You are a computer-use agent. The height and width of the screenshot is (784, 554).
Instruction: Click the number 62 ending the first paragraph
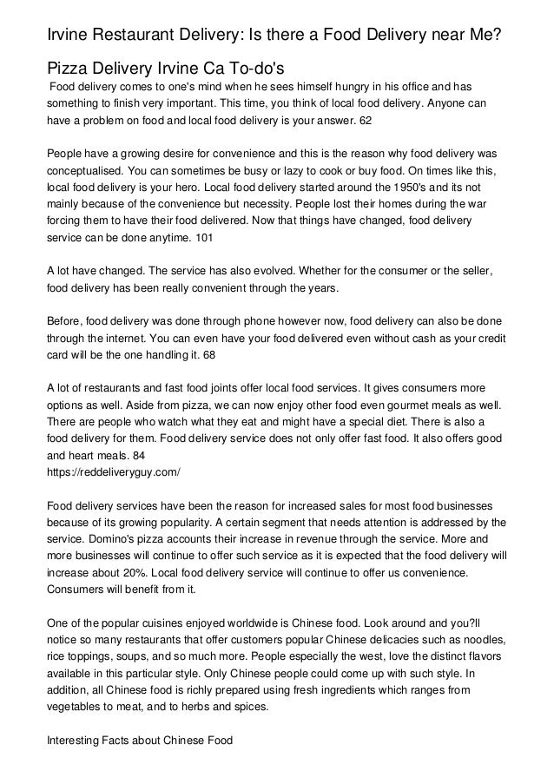click(x=365, y=121)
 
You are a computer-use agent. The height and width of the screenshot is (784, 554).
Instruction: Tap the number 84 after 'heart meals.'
click(x=136, y=457)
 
